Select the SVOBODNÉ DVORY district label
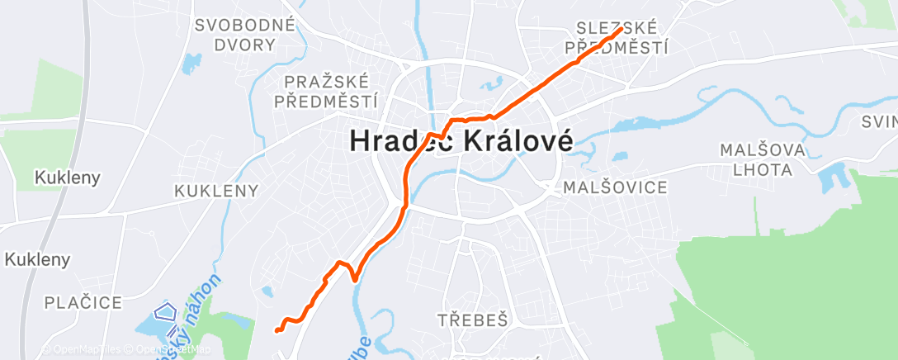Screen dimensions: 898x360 [244, 35]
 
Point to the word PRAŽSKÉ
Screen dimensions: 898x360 [329, 82]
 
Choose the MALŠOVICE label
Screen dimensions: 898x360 [615, 187]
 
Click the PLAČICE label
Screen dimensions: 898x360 [84, 302]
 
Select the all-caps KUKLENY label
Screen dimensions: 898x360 [216, 191]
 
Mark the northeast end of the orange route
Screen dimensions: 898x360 [621, 30]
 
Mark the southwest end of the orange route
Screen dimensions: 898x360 [277, 330]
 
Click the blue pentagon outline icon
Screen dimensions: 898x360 [167, 312]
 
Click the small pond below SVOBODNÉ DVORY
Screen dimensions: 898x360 [192, 61]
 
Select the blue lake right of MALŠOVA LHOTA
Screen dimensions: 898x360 [828, 177]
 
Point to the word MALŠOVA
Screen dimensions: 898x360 [756, 151]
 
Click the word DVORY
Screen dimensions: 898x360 [244, 45]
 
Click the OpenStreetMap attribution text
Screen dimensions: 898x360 [164, 349]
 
